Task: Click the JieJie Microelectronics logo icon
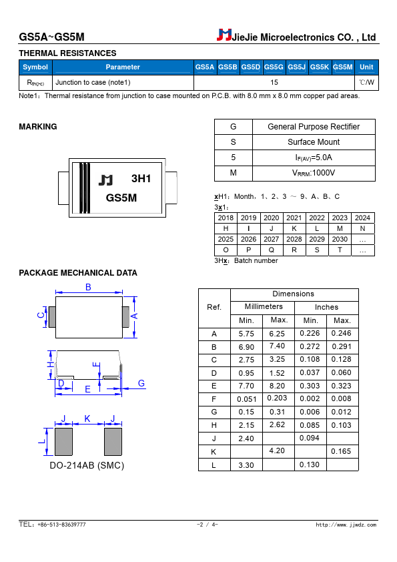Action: click(x=224, y=35)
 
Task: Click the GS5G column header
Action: click(x=274, y=67)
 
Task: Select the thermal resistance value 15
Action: click(x=274, y=83)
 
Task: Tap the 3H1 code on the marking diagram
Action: click(x=141, y=178)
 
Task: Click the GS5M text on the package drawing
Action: click(x=121, y=198)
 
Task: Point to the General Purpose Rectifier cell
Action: click(x=314, y=127)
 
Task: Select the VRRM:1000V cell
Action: click(x=314, y=173)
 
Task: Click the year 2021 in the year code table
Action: click(x=294, y=218)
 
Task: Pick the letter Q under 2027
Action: click(x=272, y=250)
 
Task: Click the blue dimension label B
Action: click(x=88, y=287)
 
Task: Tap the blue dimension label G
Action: click(x=141, y=383)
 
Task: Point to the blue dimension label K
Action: click(x=87, y=418)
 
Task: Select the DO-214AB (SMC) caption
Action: click(x=87, y=466)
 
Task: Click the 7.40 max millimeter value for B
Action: click(x=277, y=346)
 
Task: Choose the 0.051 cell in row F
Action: click(x=246, y=399)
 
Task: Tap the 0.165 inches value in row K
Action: click(x=341, y=451)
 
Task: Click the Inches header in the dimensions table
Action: click(x=326, y=307)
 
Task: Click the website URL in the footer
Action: click(x=346, y=525)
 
